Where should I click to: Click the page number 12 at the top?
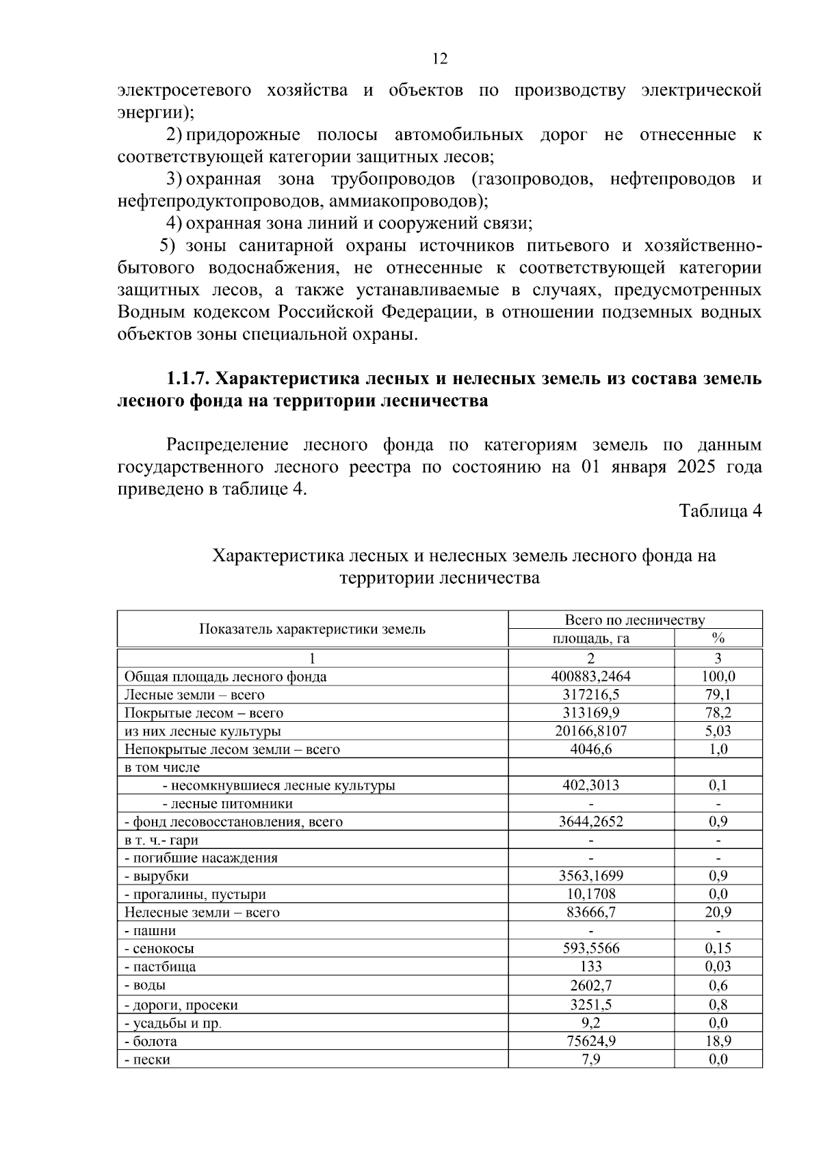440,59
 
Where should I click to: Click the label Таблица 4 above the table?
720,511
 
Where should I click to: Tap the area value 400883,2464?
590,677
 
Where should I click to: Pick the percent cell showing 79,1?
718,694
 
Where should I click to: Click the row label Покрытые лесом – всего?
203,713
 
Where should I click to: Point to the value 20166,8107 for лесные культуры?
590,731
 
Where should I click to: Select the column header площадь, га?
590,638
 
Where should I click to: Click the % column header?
718,638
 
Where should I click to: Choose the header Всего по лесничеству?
634,620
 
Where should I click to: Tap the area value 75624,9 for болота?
590,1042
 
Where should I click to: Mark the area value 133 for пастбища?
590,967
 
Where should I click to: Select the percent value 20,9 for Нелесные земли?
718,912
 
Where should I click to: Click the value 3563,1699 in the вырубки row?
590,876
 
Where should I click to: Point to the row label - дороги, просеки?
181,1005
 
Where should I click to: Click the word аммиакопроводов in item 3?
404,202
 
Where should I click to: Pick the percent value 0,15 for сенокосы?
718,948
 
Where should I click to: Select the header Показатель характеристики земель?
312,629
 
